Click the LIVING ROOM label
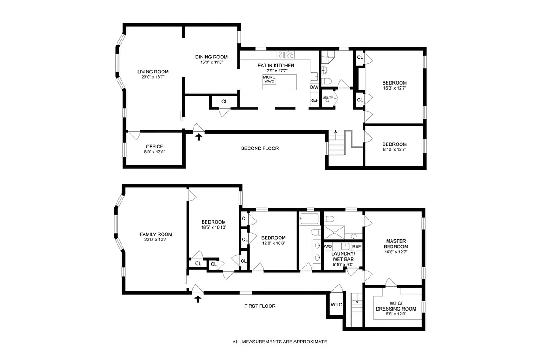[x=153, y=72]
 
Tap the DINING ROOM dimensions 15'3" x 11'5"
[x=211, y=63]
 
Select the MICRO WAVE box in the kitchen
[x=270, y=79]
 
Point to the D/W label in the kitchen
[x=314, y=87]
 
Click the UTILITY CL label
[x=327, y=99]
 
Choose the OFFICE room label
[x=154, y=147]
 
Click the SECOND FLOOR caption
[x=260, y=148]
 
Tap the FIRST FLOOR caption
[x=260, y=306]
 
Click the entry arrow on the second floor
[x=198, y=137]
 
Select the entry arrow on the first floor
[x=197, y=298]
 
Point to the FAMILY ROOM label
[x=156, y=234]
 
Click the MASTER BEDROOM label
[x=396, y=243]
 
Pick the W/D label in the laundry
[x=328, y=247]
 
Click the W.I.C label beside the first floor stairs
[x=336, y=305]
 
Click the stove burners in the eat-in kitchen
[x=286, y=54]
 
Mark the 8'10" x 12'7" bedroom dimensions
[x=394, y=150]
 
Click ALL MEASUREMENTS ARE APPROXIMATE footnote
[x=280, y=342]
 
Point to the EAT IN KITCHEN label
[x=276, y=66]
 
